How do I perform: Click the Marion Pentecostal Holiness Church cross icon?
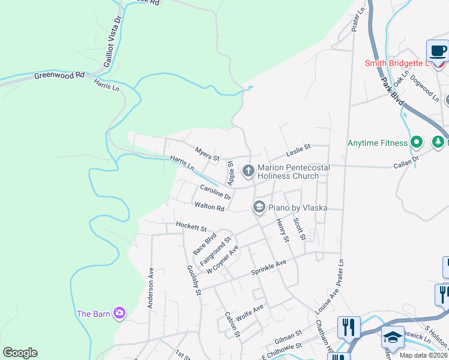[x=248, y=172]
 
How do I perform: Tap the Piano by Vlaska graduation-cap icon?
[x=259, y=208]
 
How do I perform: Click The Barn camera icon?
[x=119, y=313]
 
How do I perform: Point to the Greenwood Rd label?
[x=59, y=76]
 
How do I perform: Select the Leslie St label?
[x=298, y=147]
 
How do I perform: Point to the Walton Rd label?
[x=209, y=207]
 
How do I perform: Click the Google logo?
[x=20, y=353]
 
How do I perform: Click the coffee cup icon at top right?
[x=438, y=50]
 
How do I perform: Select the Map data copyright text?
[x=424, y=355]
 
